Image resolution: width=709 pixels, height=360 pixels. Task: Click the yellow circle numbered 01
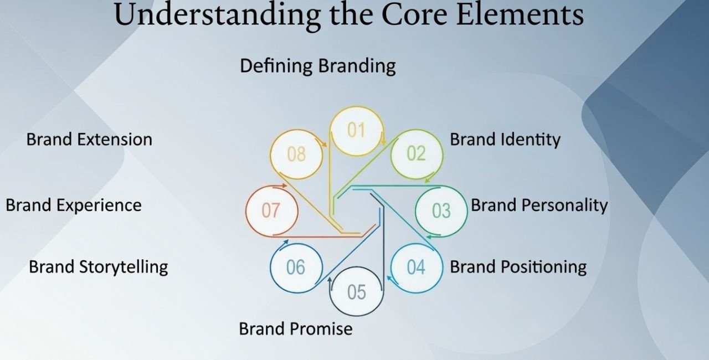(x=356, y=131)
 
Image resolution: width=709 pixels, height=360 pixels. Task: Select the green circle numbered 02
(x=417, y=154)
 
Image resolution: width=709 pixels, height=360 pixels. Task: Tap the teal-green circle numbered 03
(x=441, y=211)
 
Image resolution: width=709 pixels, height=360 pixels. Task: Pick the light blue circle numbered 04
(x=416, y=268)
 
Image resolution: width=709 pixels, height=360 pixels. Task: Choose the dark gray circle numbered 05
(x=356, y=291)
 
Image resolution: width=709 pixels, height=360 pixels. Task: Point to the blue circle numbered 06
(x=296, y=268)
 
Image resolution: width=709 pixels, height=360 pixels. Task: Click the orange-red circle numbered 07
(x=271, y=211)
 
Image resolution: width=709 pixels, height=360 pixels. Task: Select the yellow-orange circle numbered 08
(x=296, y=154)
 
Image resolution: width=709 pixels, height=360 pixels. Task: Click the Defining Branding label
(x=317, y=66)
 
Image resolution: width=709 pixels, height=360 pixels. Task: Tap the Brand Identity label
(x=505, y=140)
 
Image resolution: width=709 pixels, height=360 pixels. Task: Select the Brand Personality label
(x=539, y=205)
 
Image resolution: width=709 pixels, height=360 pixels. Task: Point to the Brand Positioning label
(x=518, y=267)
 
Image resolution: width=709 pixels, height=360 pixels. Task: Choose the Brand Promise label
(x=295, y=328)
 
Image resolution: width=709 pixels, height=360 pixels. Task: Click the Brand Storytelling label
(x=98, y=267)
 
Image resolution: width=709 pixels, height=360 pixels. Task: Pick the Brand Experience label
(x=74, y=205)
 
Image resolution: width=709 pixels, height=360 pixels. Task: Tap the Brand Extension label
(x=89, y=139)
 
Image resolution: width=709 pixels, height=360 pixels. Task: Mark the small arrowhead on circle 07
(x=284, y=186)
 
